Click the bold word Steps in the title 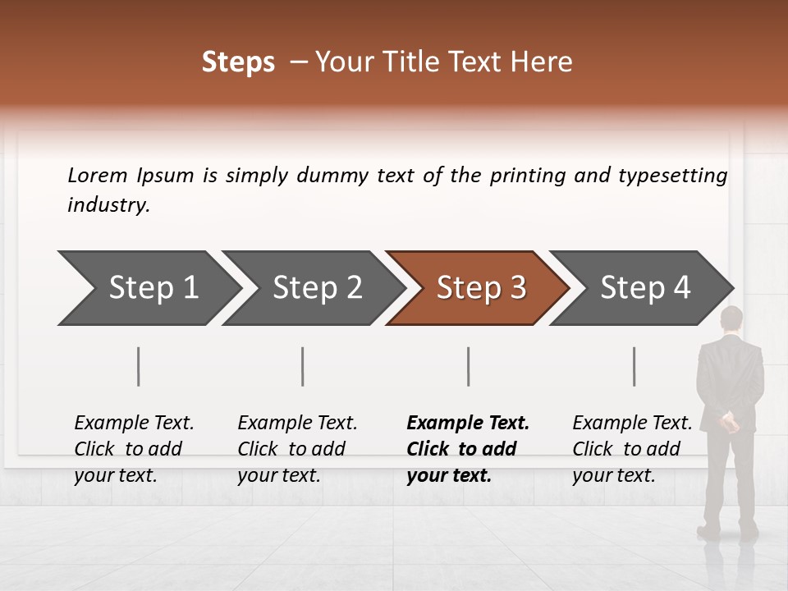pyautogui.click(x=238, y=62)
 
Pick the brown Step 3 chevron pyautogui.click(x=479, y=288)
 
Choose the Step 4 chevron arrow pyautogui.click(x=643, y=288)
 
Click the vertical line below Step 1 pyautogui.click(x=139, y=366)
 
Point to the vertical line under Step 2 pyautogui.click(x=303, y=366)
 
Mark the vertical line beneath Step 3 pyautogui.click(x=469, y=366)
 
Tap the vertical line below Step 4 pyautogui.click(x=635, y=366)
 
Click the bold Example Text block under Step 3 pyautogui.click(x=468, y=449)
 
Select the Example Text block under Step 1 pyautogui.click(x=134, y=449)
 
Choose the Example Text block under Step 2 pyautogui.click(x=297, y=449)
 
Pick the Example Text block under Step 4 pyautogui.click(x=632, y=449)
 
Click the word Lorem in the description pyautogui.click(x=98, y=175)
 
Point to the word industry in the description pyautogui.click(x=108, y=205)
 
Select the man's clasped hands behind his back pyautogui.click(x=729, y=423)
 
